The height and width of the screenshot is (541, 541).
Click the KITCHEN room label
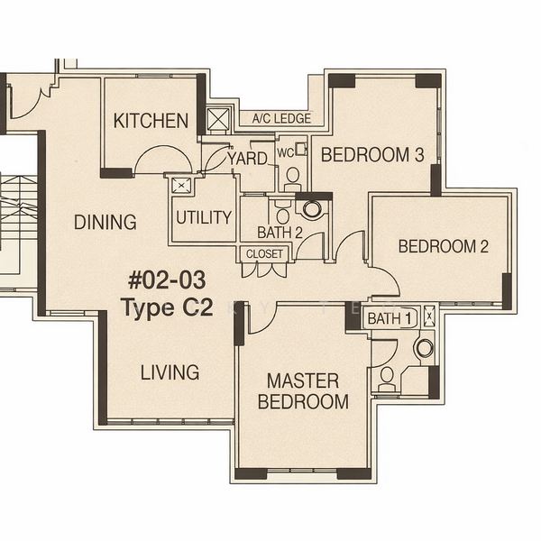coord(151,121)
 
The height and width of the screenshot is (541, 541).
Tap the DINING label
coord(105,222)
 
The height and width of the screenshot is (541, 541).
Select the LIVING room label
coord(170,372)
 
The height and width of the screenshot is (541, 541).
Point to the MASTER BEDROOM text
coord(303,391)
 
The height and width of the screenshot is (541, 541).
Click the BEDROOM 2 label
coord(443,246)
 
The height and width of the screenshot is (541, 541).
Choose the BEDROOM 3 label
coord(372,154)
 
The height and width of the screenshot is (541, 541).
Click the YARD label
coord(247,159)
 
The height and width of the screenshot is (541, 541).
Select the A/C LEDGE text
coord(281,119)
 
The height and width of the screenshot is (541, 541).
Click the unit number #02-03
coord(168,278)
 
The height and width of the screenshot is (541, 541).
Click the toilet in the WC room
coord(291,177)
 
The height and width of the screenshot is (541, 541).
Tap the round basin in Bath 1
coord(423,349)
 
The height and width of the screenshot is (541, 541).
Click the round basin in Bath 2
coord(312,209)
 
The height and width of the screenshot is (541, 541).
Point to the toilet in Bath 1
coord(387,376)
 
